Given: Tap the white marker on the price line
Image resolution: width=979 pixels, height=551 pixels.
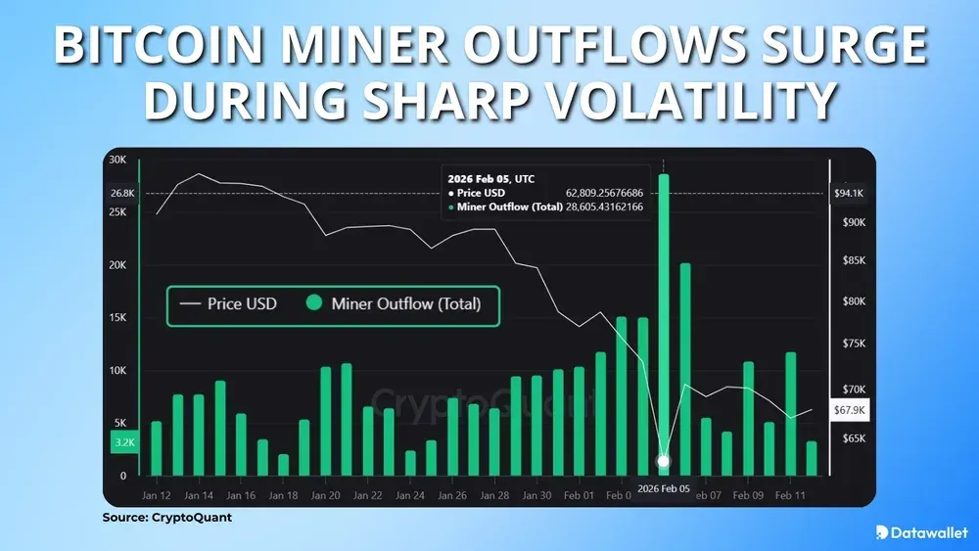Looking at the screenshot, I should (x=664, y=461).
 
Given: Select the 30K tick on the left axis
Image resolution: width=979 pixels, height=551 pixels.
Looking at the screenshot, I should (x=117, y=161).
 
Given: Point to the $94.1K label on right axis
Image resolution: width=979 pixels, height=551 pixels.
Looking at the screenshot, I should (x=847, y=194).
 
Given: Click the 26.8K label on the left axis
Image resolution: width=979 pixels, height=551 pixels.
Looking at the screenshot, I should (x=121, y=194).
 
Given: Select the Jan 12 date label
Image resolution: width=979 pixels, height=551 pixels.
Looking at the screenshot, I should (x=157, y=496).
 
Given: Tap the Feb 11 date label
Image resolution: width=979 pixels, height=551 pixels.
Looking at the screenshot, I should (x=790, y=496).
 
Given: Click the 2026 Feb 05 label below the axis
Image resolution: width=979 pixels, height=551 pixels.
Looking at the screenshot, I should (x=664, y=487).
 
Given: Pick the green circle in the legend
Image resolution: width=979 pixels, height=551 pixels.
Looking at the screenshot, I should (x=314, y=304).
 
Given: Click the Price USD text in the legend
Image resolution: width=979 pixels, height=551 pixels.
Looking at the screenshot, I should (x=242, y=304).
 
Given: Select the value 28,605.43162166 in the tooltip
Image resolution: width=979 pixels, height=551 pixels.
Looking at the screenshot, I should (x=604, y=207).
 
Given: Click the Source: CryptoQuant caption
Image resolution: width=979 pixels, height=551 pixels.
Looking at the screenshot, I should (x=167, y=518).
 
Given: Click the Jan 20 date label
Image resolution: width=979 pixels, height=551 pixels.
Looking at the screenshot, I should (x=326, y=496).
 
